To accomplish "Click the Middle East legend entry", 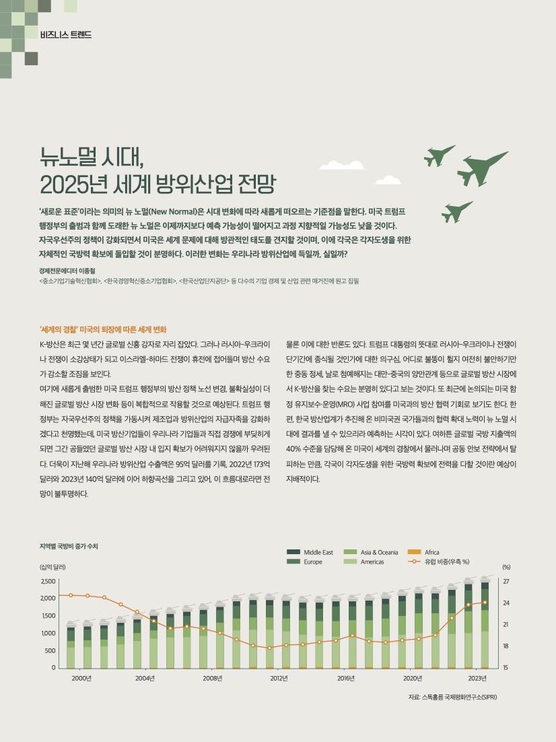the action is pos(310,552).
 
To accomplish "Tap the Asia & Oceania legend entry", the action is pos(370,552).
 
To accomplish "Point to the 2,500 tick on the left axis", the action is pos(48,581).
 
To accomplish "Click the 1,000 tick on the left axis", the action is pos(48,633).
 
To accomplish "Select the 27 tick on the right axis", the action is pos(506,581).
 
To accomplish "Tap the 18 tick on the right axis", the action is pos(506,646).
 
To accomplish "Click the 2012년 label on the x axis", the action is pos(279,678).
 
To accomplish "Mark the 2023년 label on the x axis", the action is pos(477,678).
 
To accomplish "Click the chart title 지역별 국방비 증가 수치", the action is pos(69,546).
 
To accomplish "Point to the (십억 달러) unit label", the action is pos(53,567).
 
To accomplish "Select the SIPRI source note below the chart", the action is pos(452,697).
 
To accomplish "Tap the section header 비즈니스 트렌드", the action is pos(66,34).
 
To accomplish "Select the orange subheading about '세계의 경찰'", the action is pos(103,330).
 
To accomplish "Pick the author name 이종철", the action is pos(87,271).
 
